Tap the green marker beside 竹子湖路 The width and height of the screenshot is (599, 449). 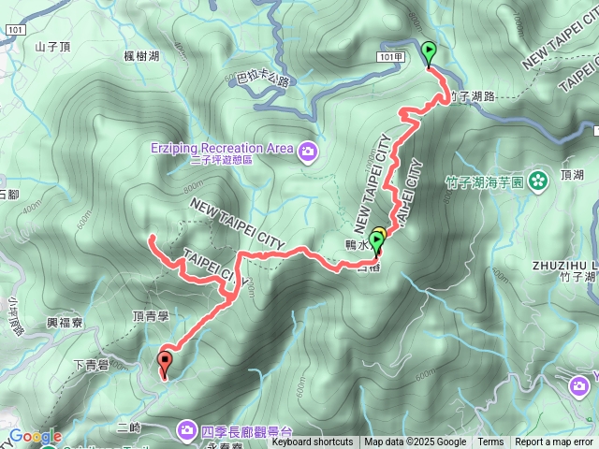[429, 52]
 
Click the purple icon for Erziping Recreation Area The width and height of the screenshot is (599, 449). [307, 149]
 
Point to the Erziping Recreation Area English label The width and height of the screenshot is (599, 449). [221, 148]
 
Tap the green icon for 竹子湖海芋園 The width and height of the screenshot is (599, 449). [538, 179]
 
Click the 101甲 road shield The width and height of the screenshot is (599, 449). [392, 57]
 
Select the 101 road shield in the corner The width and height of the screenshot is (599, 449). [13, 30]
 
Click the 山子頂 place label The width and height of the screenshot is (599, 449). [52, 46]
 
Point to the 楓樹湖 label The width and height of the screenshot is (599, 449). [141, 57]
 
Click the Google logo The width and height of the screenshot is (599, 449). [35, 436]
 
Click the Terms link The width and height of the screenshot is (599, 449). [490, 442]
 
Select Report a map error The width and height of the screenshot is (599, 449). [554, 442]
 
